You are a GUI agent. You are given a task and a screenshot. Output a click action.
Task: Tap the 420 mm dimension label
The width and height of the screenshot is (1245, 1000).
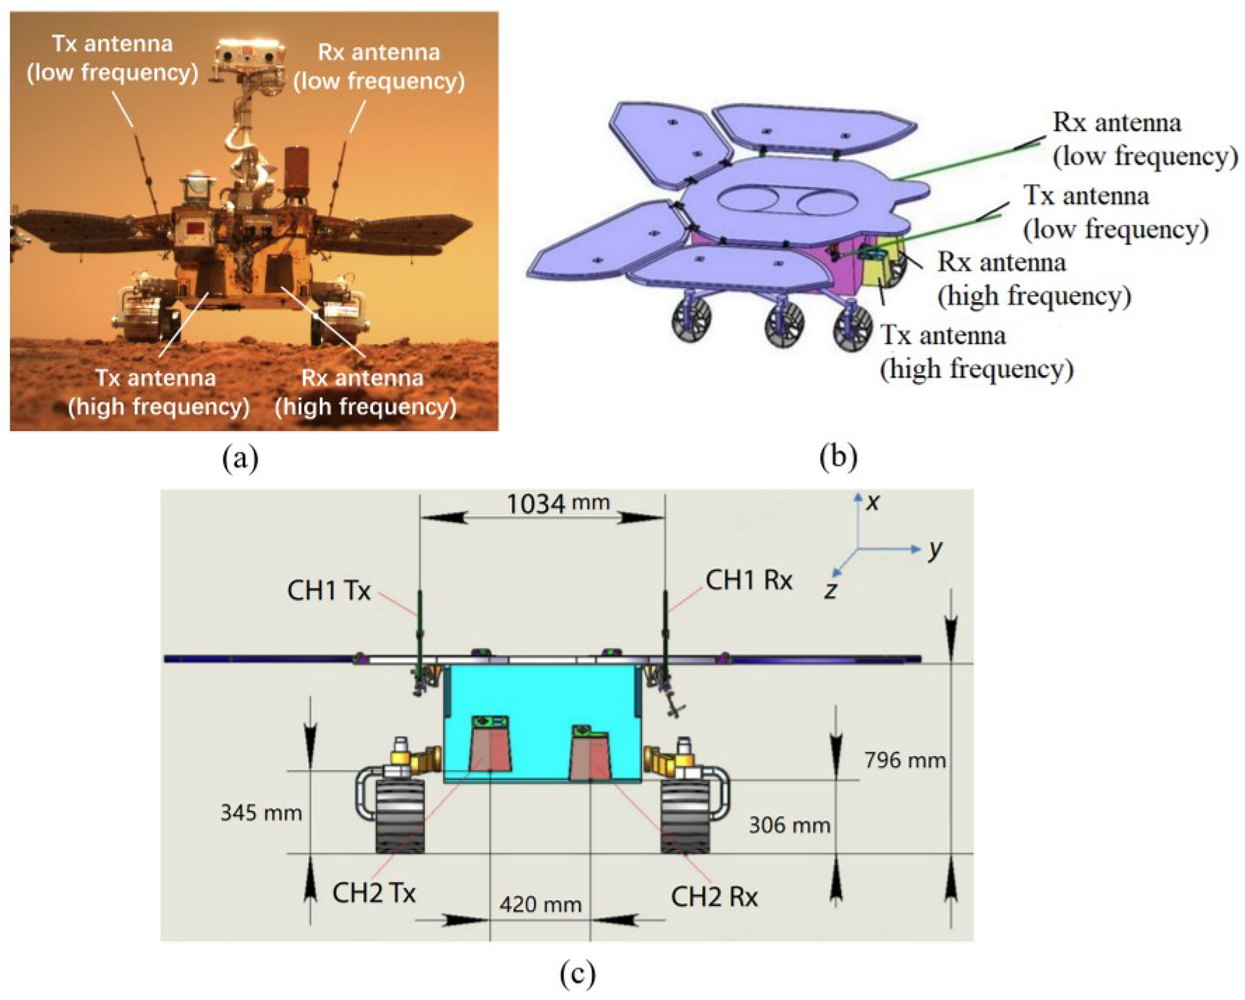click(x=540, y=904)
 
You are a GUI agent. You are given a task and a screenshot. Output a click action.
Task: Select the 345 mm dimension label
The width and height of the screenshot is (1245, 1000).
click(x=261, y=813)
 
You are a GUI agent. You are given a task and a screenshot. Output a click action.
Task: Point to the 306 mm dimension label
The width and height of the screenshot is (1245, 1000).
click(x=789, y=825)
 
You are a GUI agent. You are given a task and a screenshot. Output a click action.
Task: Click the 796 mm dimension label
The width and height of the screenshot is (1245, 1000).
click(x=905, y=760)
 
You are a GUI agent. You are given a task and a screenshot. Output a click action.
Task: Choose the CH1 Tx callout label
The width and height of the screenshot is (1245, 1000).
click(x=329, y=591)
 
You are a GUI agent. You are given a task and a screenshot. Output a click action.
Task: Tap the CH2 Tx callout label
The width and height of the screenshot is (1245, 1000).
click(x=373, y=893)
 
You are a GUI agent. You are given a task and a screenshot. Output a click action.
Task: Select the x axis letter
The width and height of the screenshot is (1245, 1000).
click(x=873, y=502)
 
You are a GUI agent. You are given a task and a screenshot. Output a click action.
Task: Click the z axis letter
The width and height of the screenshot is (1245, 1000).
click(x=830, y=590)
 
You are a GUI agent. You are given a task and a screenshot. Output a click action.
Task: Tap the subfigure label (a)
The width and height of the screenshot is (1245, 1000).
click(x=240, y=458)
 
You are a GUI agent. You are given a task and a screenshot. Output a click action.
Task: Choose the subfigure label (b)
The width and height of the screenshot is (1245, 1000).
click(x=838, y=456)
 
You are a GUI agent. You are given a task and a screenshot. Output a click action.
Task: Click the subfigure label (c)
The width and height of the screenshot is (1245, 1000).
click(x=577, y=974)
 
